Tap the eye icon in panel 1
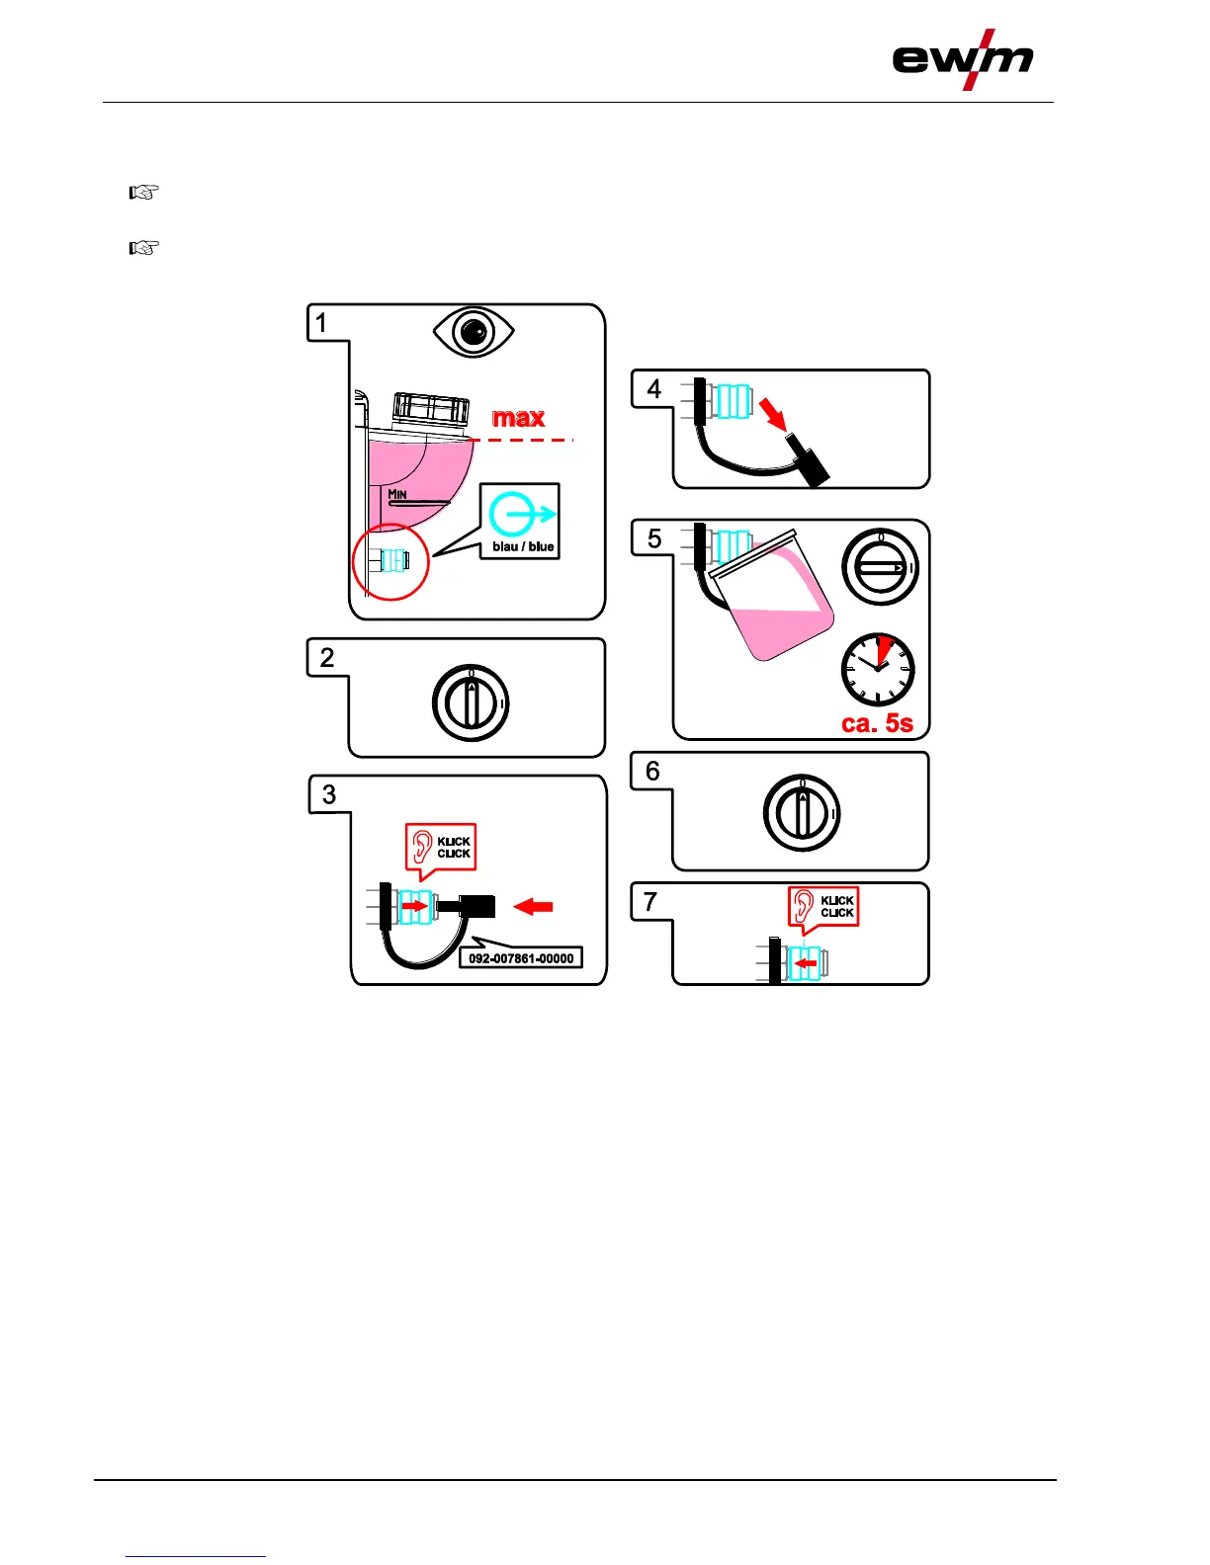pos(474,331)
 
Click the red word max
pos(518,418)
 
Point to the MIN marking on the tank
pos(397,494)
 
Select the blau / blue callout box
pos(520,521)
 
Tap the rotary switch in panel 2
pos(471,702)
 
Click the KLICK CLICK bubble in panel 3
pos(441,848)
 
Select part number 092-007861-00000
pos(520,958)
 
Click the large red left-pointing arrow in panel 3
pos(533,906)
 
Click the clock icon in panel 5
pos(878,669)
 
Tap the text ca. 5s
pos(877,724)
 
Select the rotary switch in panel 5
pos(880,568)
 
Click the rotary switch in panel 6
pos(802,813)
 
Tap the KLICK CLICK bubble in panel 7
pos(823,907)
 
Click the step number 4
pos(653,389)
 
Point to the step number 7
pos(650,902)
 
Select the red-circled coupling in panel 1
pos(391,561)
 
